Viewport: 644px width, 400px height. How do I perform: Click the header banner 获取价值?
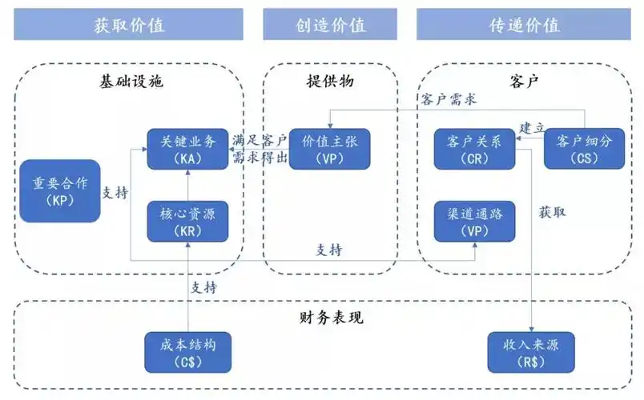[128, 24]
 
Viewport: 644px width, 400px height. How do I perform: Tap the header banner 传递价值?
[524, 24]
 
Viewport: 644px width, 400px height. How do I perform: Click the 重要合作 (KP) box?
[54, 190]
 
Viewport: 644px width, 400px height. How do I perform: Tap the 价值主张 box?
[329, 149]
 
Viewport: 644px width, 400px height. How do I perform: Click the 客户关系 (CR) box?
[474, 149]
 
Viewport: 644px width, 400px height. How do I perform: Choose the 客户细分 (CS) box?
[583, 149]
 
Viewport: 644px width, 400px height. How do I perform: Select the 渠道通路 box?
[474, 221]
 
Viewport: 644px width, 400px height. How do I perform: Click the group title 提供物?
[329, 81]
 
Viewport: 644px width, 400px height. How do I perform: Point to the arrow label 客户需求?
[449, 99]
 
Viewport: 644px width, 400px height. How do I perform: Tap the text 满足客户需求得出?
[260, 148]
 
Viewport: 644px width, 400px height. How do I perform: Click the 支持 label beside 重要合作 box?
[115, 193]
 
